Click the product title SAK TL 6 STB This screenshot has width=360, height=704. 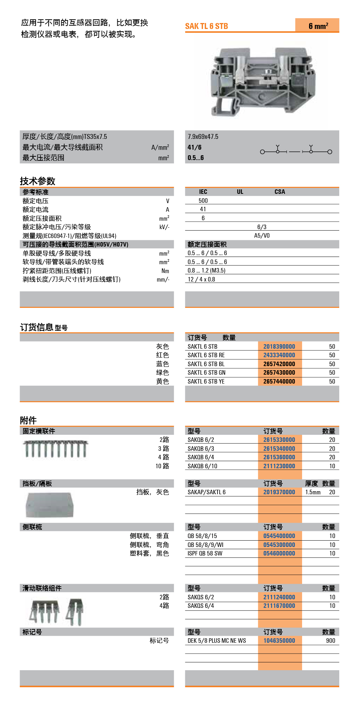pyautogui.click(x=206, y=26)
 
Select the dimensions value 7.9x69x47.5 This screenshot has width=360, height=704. pyautogui.click(x=203, y=137)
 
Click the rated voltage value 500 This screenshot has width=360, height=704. pyautogui.click(x=203, y=201)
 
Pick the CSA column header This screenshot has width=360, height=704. pyautogui.click(x=280, y=192)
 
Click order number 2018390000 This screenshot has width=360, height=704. pyautogui.click(x=279, y=346)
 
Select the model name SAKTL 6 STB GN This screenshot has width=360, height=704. pyautogui.click(x=206, y=372)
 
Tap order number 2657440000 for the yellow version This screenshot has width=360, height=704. pyautogui.click(x=279, y=381)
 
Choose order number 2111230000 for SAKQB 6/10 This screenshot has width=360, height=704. pyautogui.click(x=279, y=466)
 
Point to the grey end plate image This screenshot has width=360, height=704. pyautogui.click(x=50, y=505)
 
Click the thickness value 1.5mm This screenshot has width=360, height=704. pyautogui.click(x=313, y=492)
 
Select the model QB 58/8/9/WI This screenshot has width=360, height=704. pyautogui.click(x=205, y=545)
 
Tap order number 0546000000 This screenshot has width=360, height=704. pyautogui.click(x=279, y=553)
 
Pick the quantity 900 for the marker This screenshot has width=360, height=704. pyautogui.click(x=330, y=641)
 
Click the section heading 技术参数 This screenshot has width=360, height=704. pyautogui.click(x=37, y=181)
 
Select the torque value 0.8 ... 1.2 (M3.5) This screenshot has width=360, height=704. pyautogui.click(x=206, y=271)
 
